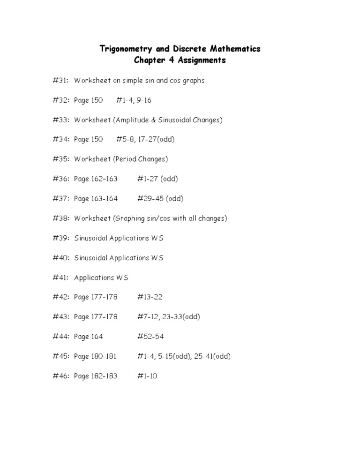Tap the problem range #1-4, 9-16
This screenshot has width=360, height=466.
(x=134, y=100)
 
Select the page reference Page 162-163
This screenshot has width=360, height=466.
(x=96, y=179)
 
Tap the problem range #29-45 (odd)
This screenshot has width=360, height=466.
(x=160, y=199)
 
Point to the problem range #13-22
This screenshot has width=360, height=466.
(x=150, y=297)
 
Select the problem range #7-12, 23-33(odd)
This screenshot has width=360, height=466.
(x=169, y=317)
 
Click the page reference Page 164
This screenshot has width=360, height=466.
(x=88, y=337)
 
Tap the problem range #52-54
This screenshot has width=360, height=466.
(x=150, y=337)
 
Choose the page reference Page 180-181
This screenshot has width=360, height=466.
(x=96, y=356)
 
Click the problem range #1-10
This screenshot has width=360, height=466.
(x=147, y=376)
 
